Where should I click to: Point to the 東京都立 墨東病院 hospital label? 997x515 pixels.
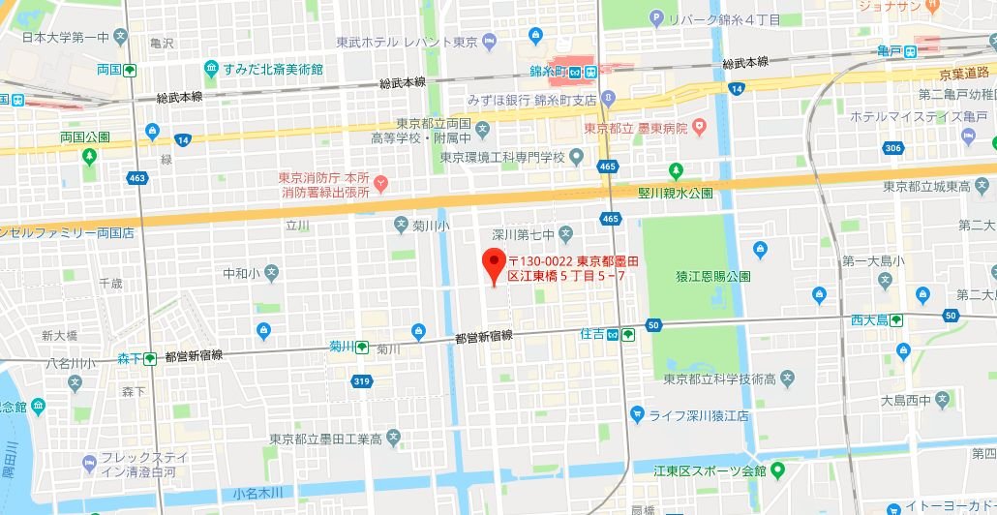635,128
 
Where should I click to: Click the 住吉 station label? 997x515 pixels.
591,334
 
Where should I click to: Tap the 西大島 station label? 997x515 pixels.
869,318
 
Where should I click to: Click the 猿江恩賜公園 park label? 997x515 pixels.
712,276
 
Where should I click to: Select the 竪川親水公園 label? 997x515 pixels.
675,193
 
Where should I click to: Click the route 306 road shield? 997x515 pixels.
892,147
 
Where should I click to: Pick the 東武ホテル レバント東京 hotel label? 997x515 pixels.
407,43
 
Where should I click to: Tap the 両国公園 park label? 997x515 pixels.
85,136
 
